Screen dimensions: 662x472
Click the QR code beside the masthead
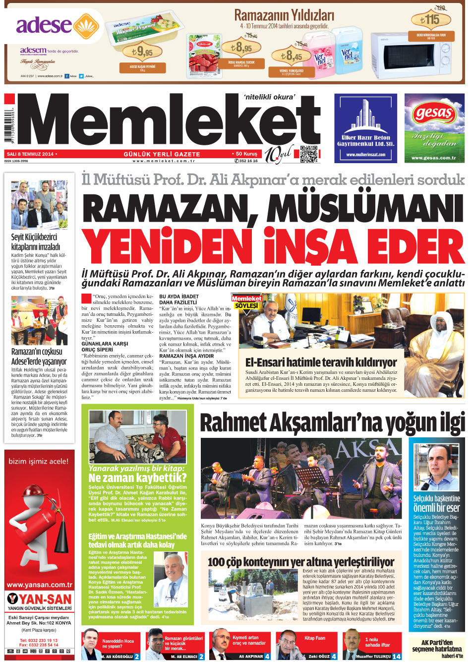point(308,154)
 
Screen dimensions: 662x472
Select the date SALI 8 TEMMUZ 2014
point(30,154)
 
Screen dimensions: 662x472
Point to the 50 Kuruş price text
point(246,154)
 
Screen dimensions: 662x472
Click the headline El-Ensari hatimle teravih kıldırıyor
point(321,362)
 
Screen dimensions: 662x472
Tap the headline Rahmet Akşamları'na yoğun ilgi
point(332,422)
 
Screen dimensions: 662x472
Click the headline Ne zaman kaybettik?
point(137,478)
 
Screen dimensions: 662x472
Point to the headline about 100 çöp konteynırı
point(301,562)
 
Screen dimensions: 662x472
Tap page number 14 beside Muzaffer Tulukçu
point(396,657)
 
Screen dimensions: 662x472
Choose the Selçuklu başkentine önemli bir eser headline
point(436,503)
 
